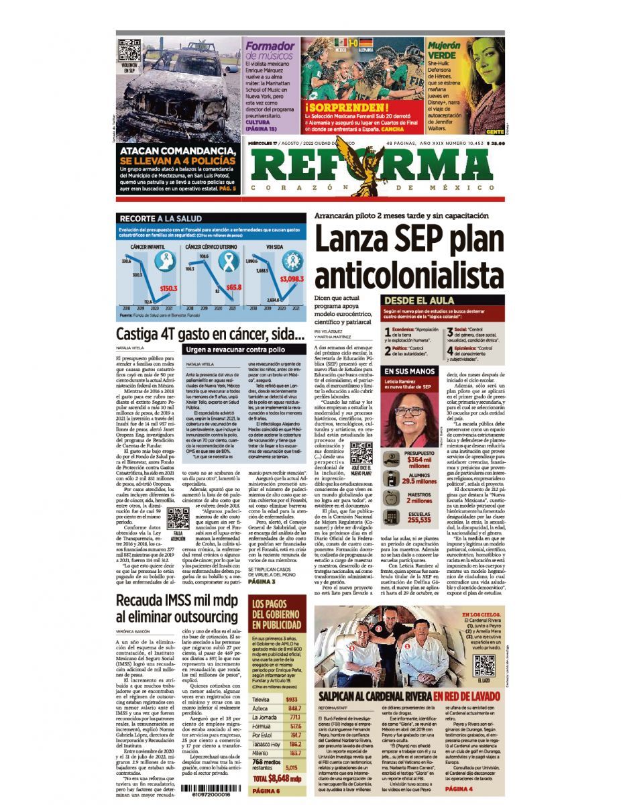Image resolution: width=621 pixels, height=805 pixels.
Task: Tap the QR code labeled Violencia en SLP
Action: click(x=129, y=51)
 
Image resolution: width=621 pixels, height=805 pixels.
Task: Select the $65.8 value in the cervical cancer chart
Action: click(x=233, y=287)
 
